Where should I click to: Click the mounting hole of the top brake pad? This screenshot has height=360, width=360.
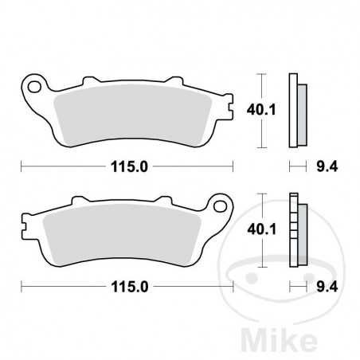(34, 83)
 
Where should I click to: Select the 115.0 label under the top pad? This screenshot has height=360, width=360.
(127, 166)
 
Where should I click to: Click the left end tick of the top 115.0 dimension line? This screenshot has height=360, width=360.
(22, 166)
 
